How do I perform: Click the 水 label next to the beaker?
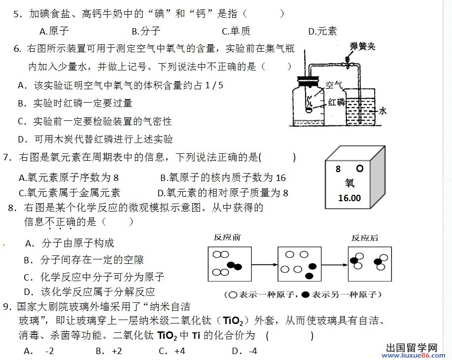click(x=383, y=111)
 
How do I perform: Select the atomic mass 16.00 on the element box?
click(x=349, y=198)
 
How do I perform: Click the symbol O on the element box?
click(x=360, y=168)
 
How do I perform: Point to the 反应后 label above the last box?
click(x=365, y=238)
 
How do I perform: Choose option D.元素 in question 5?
click(x=322, y=31)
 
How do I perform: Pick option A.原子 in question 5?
click(x=54, y=31)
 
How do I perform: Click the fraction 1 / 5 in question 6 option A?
click(x=214, y=85)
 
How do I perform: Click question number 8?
click(x=11, y=208)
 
